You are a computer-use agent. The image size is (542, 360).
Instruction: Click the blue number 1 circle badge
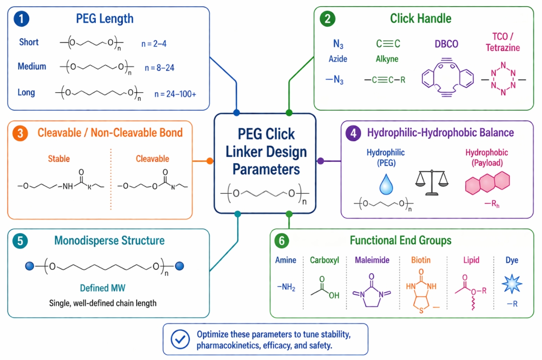tap(21, 19)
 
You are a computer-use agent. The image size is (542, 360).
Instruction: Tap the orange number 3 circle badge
tap(20, 133)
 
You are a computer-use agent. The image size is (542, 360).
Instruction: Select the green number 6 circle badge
tap(282, 241)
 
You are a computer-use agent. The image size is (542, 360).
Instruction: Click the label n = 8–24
tap(160, 68)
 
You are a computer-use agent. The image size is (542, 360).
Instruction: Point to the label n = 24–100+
tap(176, 94)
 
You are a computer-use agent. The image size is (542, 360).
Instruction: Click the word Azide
tap(338, 59)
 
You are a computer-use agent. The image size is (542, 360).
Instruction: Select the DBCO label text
tap(447, 44)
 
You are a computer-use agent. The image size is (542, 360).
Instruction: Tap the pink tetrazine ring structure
tap(503, 78)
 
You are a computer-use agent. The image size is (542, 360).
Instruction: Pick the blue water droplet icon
tap(386, 184)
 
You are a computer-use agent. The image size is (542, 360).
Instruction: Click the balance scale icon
tap(432, 182)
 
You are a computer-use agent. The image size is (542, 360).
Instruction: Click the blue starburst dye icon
tap(512, 284)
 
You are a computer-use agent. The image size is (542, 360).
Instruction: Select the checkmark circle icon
tap(180, 339)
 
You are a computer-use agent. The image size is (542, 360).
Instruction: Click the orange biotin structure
tap(421, 291)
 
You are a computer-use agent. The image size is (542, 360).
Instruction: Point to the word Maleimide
tap(372, 260)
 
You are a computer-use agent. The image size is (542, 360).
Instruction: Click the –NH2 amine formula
tap(286, 287)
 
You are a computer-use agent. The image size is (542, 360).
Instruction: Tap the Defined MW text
tap(102, 288)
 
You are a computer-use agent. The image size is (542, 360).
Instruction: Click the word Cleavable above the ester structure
tap(153, 159)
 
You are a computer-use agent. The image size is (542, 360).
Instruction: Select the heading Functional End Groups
tap(401, 240)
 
